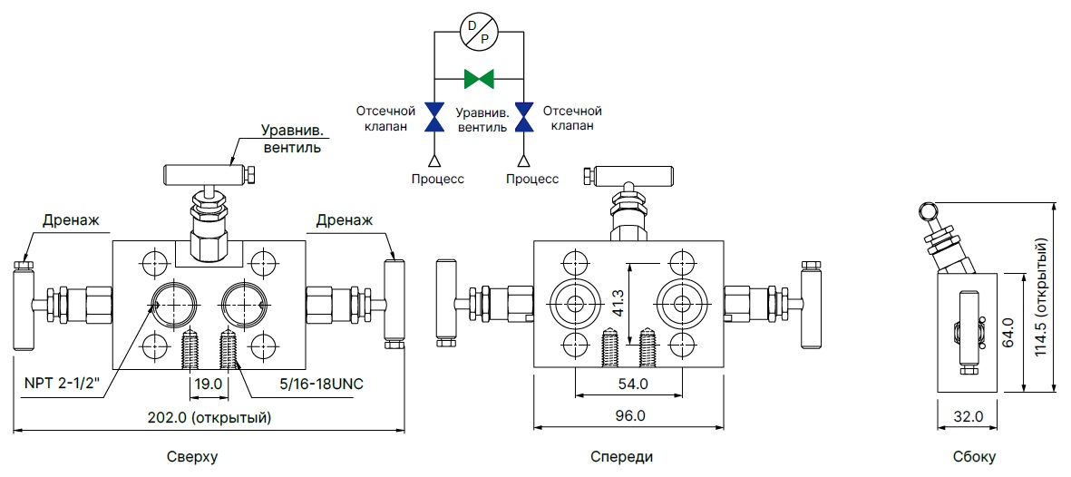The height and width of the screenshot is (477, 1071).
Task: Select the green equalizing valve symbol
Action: (x=478, y=79)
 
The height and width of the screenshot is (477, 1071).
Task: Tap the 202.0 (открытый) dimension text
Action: (x=209, y=417)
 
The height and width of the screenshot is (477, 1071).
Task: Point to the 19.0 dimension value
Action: (x=209, y=384)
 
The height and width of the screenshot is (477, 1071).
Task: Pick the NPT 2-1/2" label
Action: (x=61, y=384)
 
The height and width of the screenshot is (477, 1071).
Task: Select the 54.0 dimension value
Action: (x=631, y=384)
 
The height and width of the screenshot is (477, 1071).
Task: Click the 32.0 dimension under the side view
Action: (x=968, y=416)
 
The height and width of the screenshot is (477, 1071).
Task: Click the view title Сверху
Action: (x=192, y=457)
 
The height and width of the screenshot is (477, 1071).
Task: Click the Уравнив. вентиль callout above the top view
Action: (x=291, y=138)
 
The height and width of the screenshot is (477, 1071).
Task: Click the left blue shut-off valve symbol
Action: (x=434, y=116)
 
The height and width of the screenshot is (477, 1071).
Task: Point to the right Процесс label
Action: (x=531, y=179)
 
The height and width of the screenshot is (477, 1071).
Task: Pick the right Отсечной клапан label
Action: (x=571, y=118)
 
